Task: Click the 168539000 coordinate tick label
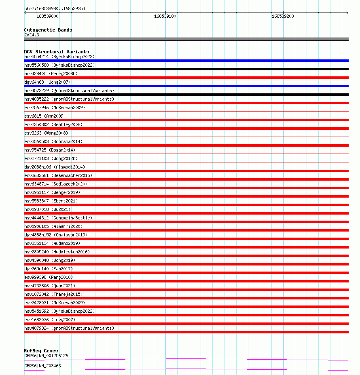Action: (47, 17)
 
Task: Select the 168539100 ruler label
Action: (165, 17)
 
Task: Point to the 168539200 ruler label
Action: (283, 17)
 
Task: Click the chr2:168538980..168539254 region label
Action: (55, 8)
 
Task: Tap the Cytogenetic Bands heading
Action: (48, 30)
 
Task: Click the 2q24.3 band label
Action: (32, 35)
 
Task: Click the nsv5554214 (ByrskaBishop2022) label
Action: (59, 57)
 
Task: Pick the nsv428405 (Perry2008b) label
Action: (51, 74)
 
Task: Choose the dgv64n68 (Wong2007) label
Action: (47, 82)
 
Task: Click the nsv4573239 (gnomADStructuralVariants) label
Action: (69, 91)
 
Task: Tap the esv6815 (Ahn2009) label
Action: (45, 116)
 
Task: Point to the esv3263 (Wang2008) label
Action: (46, 133)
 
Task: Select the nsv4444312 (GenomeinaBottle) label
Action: (58, 218)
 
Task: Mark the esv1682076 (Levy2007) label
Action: (50, 320)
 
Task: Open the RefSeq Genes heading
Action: (41, 351)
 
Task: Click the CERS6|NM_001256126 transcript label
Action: (46, 356)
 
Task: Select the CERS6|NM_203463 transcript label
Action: (42, 366)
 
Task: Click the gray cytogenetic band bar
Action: (186, 39)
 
